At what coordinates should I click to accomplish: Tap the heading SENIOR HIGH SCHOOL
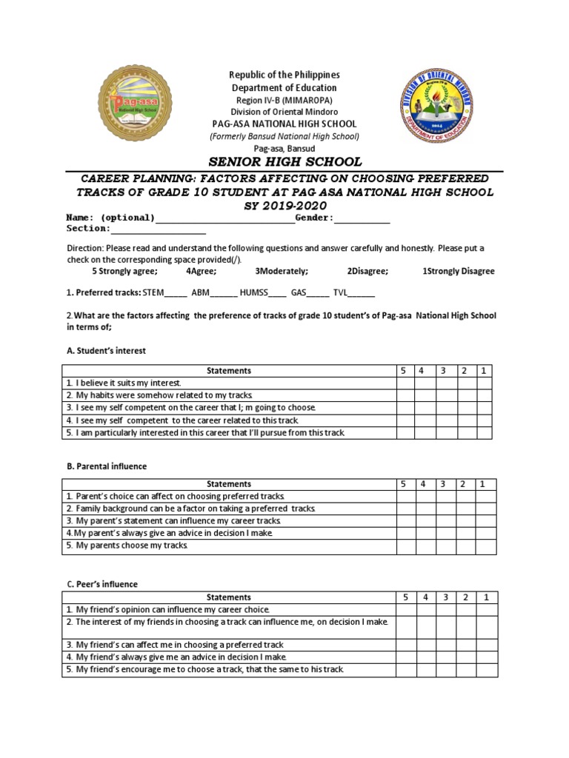coord(284,162)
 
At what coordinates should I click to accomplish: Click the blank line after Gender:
coord(362,218)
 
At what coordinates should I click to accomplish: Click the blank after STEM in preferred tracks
coord(176,293)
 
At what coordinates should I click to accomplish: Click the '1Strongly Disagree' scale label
coord(458,271)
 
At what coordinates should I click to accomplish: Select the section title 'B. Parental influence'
coord(107,466)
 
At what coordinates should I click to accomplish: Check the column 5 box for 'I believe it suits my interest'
coord(405,383)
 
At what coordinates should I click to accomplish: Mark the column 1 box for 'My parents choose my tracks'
coord(486,546)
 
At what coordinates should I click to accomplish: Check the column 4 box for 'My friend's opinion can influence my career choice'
coord(425,609)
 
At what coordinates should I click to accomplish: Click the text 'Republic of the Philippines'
coord(284,76)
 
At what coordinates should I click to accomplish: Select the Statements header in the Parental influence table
coord(229,484)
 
